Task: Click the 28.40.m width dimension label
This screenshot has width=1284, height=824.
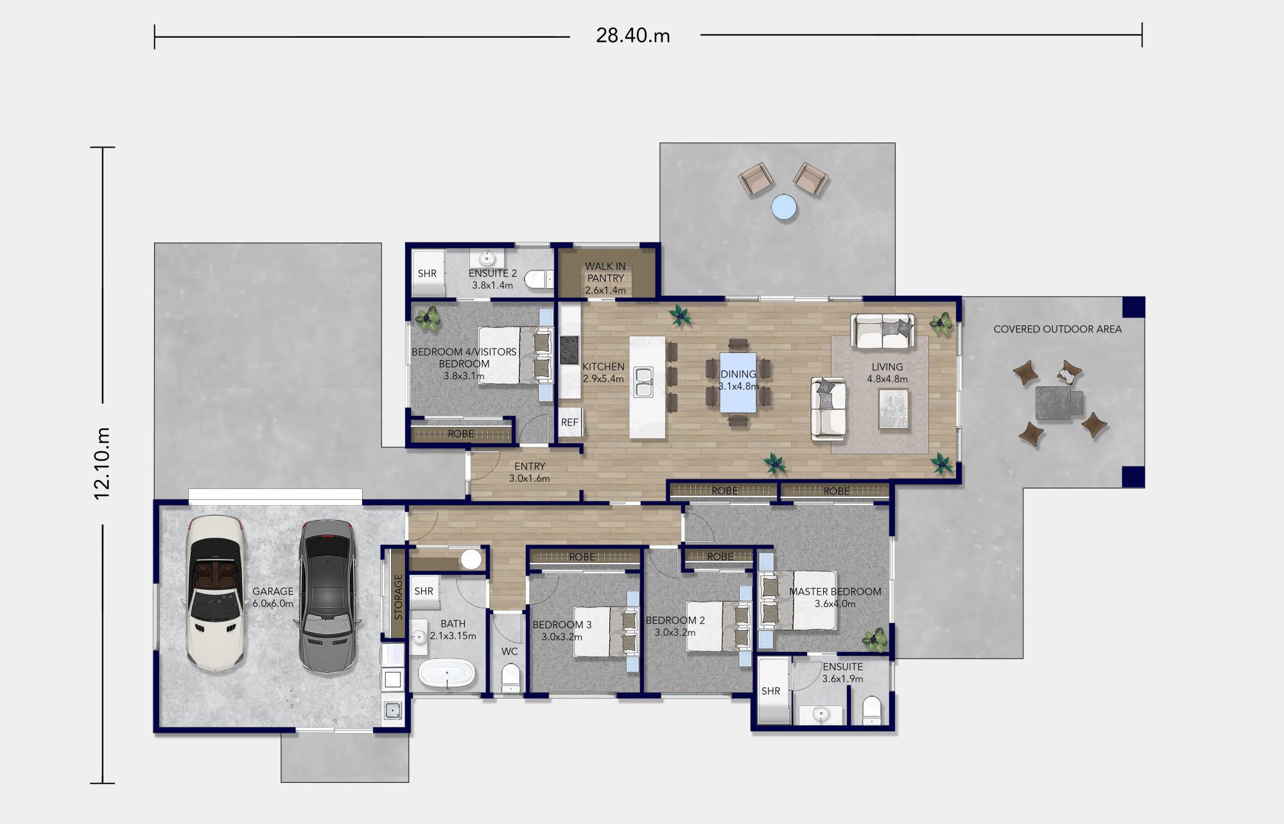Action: (633, 35)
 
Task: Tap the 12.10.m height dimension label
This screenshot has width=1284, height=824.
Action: (102, 463)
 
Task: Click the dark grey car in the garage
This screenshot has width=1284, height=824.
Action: (326, 596)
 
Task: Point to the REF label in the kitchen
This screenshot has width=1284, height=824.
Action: (569, 422)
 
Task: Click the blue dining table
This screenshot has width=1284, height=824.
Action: (738, 382)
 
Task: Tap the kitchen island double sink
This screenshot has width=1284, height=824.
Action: (644, 382)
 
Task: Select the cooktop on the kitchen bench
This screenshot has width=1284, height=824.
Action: (569, 350)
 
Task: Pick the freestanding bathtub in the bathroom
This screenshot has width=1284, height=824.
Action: (447, 674)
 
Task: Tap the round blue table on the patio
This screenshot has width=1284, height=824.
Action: (784, 207)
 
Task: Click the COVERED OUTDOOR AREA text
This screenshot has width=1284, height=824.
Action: (1057, 329)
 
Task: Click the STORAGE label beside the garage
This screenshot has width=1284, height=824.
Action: (398, 597)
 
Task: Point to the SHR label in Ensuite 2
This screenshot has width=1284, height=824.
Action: (427, 273)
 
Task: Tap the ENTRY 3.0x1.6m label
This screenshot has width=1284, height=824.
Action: (530, 472)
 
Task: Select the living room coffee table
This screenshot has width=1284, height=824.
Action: (893, 409)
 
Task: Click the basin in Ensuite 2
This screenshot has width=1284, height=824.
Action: (487, 259)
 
